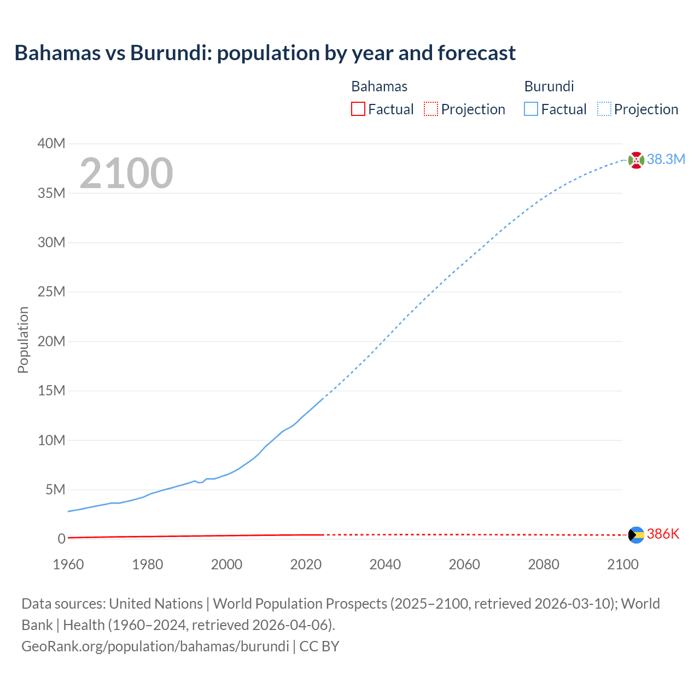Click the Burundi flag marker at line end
click(636, 160)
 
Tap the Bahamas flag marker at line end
click(636, 534)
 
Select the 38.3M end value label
click(666, 159)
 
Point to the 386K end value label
click(663, 534)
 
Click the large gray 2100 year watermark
click(126, 173)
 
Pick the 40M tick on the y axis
click(51, 143)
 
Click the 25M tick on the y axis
click(51, 291)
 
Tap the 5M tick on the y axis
click(55, 489)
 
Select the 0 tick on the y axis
click(61, 539)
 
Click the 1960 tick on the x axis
click(68, 564)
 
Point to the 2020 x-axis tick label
click(306, 564)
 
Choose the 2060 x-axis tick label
click(464, 564)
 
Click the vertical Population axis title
click(23, 340)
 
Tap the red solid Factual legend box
click(358, 109)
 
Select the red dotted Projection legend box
click(431, 109)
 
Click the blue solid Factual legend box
click(531, 109)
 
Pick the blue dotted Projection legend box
click(604, 109)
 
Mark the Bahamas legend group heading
click(379, 86)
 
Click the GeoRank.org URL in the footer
click(155, 646)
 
